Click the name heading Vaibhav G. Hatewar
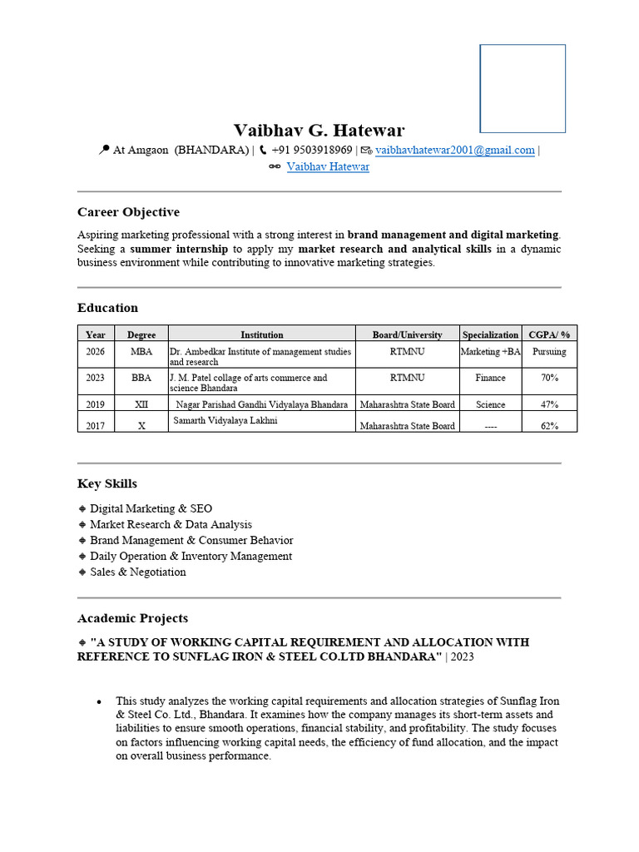pyautogui.click(x=319, y=130)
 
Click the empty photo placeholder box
pyautogui.click(x=523, y=88)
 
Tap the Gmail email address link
pyautogui.click(x=454, y=151)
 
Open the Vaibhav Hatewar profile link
pyautogui.click(x=328, y=167)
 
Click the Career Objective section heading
pyautogui.click(x=128, y=212)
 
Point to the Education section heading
pyautogui.click(x=107, y=308)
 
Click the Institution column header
pyautogui.click(x=262, y=334)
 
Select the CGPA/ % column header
pyautogui.click(x=549, y=334)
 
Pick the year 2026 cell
pyautogui.click(x=96, y=352)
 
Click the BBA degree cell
pyautogui.click(x=141, y=378)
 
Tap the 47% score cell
pyautogui.click(x=549, y=404)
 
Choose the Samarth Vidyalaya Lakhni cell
pyautogui.click(x=225, y=421)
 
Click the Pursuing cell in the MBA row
pyautogui.click(x=549, y=352)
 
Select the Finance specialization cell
pyautogui.click(x=490, y=378)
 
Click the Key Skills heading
pyautogui.click(x=107, y=483)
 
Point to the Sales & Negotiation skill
pyautogui.click(x=138, y=572)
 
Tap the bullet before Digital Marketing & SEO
pyautogui.click(x=82, y=508)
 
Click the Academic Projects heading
pyautogui.click(x=132, y=618)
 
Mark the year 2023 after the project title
pyautogui.click(x=462, y=656)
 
